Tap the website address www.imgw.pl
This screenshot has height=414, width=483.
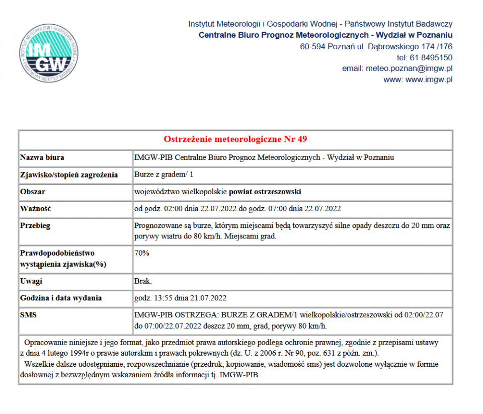(x=429, y=79)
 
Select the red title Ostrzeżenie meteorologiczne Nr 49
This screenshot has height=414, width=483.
(x=235, y=139)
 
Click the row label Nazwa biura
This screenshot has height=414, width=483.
(x=42, y=157)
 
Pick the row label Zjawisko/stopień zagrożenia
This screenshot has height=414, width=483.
(x=69, y=175)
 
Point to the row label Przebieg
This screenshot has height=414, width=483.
(x=36, y=226)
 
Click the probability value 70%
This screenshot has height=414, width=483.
(x=142, y=253)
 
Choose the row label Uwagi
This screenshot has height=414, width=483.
(x=31, y=281)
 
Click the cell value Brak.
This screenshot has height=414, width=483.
(x=143, y=281)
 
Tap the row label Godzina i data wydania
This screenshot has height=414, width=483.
(x=61, y=298)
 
